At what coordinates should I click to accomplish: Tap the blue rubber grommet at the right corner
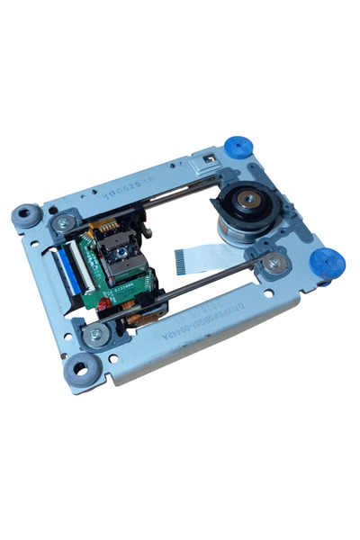point(327,264)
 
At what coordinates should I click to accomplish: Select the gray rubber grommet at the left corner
point(25,215)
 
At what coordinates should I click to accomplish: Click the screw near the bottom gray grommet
point(95,335)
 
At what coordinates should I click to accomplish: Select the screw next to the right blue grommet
point(274,263)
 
